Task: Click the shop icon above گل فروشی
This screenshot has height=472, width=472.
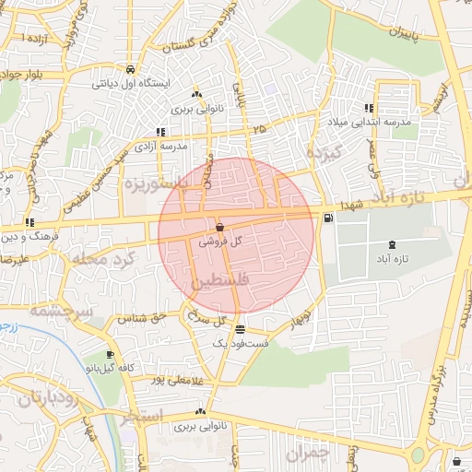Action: pos(219,227)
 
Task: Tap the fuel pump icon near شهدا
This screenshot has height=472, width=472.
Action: pos(329,218)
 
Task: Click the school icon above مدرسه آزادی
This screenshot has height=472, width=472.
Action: pos(161,132)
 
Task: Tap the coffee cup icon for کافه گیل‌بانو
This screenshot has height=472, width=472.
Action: pos(111,355)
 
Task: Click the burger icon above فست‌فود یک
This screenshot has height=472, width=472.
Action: pos(240,329)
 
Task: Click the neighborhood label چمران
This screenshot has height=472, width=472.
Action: pos(307,453)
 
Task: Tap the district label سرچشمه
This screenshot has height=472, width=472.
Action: pos(61,312)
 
